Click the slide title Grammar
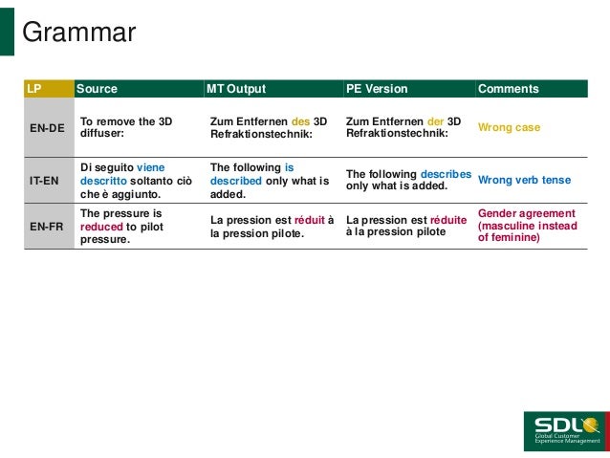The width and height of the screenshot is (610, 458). point(78,33)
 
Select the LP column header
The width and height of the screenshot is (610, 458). point(34,89)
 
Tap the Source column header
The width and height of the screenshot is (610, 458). point(97,89)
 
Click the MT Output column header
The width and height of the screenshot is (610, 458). point(236,89)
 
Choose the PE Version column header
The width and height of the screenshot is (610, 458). point(376,89)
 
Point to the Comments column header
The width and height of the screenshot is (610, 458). point(508,89)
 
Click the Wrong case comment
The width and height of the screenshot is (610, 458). point(509,127)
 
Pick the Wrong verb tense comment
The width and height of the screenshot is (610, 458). point(524,179)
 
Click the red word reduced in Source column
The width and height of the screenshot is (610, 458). point(101,227)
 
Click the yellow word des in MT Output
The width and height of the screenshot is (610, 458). point(300,121)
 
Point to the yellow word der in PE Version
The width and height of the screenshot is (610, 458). point(436,121)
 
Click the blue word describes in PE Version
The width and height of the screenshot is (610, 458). point(446,174)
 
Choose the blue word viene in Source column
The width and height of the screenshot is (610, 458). point(150,167)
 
